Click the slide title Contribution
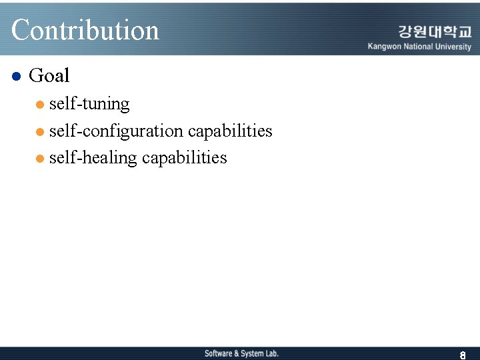point(85,30)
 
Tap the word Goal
point(49,76)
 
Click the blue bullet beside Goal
point(17,76)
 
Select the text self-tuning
point(89,104)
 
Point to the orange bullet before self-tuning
point(41,105)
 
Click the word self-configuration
point(116,131)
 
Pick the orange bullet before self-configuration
point(41,132)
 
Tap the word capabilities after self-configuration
point(230,131)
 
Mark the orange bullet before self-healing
point(41,159)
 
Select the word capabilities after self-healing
point(185,158)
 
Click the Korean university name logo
point(435,31)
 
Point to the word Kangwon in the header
point(384,47)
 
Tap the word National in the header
point(417,47)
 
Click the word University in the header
point(453,47)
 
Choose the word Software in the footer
point(218,353)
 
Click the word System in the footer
point(252,353)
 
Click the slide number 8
point(462,355)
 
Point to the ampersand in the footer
point(236,353)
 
